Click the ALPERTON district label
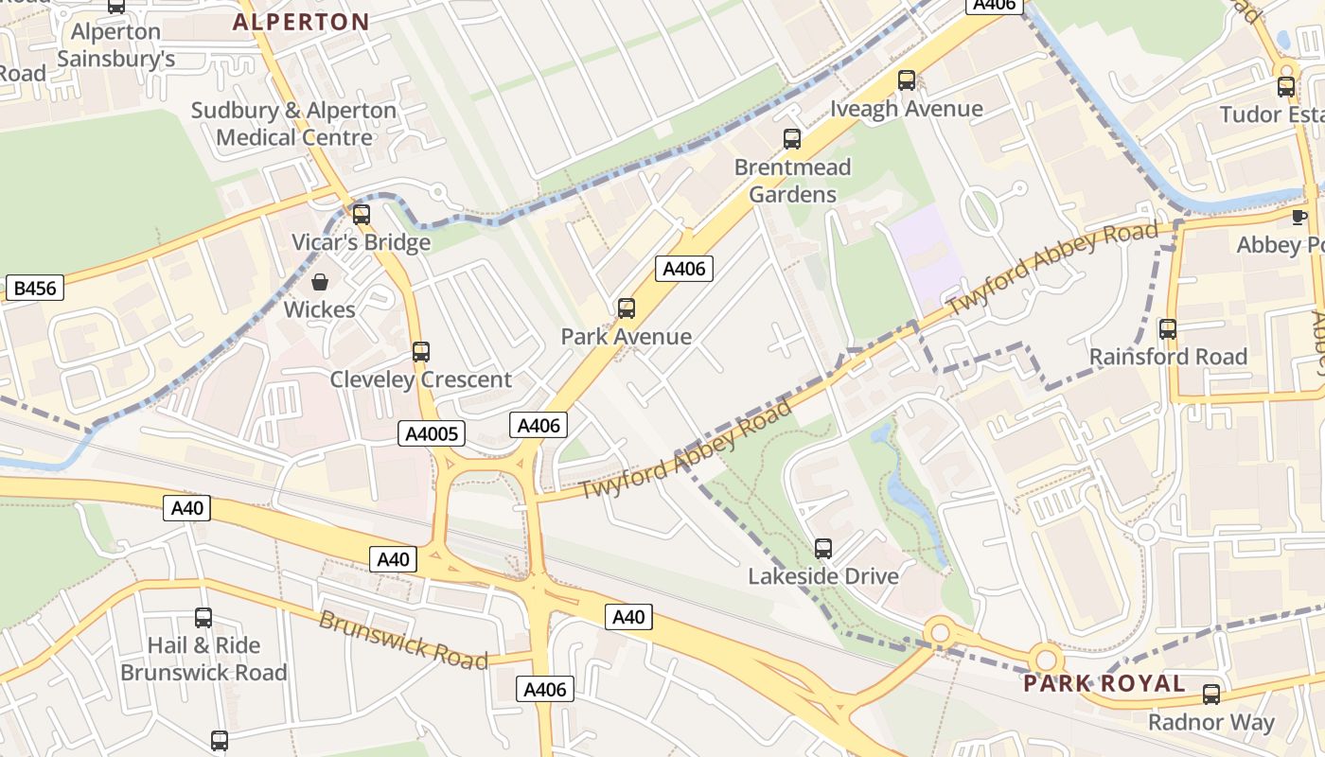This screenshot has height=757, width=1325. coord(301,22)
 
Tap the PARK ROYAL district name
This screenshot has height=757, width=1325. coord(1104,683)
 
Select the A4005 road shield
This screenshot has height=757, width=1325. coord(432,434)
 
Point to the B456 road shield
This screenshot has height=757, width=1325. coord(34,289)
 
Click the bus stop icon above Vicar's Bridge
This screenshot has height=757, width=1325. coord(361,215)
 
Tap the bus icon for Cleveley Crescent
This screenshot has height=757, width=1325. coord(421,352)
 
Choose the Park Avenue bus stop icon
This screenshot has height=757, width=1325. coord(626,308)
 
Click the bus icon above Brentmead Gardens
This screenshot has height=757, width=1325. coord(792,139)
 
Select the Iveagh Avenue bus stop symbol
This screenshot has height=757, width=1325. coord(907,80)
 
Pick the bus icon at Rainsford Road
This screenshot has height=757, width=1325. coord(1168,329)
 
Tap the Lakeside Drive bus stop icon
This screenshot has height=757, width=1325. coord(823,549)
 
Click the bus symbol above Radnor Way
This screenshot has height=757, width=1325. coord(1211,695)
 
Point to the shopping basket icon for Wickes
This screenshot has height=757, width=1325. coord(320,282)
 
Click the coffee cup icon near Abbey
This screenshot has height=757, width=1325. coord(1299,218)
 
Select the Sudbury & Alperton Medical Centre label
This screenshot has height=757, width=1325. coord(293,124)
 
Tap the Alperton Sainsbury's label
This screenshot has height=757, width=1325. coord(116,45)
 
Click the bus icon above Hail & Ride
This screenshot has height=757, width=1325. coord(203,618)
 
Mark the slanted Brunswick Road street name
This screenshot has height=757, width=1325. coord(403,640)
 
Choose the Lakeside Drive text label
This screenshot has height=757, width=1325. coord(823,576)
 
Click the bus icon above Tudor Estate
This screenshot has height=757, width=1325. coord(1286,87)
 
